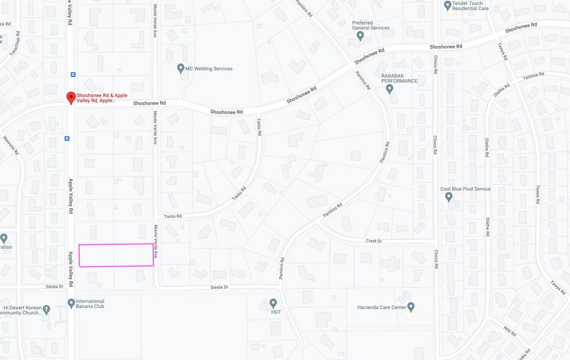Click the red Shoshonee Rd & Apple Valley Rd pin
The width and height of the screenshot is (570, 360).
click(x=71, y=97)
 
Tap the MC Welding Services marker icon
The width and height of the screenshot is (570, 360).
click(x=181, y=68)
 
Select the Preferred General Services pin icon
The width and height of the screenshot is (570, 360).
click(x=360, y=36)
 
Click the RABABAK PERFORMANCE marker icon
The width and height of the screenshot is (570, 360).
click(x=389, y=89)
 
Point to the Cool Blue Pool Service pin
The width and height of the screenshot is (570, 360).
click(x=449, y=197)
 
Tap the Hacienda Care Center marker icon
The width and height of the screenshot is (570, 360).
click(x=411, y=307)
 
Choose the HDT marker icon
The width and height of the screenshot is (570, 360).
click(x=273, y=303)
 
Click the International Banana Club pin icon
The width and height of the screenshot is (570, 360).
click(x=71, y=303)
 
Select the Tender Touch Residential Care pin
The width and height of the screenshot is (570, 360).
click(x=448, y=6)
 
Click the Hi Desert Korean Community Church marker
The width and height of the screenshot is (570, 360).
click(x=47, y=310)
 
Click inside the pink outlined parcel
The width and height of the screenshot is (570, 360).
click(x=116, y=255)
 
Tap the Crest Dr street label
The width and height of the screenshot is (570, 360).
click(x=373, y=241)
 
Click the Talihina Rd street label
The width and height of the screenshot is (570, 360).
click(x=533, y=75)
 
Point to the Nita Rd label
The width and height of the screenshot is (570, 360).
click(x=509, y=331)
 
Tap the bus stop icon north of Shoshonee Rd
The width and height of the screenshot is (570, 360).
click(x=73, y=75)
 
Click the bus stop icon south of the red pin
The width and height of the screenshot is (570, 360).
click(x=67, y=138)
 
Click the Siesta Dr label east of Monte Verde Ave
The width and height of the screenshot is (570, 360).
click(x=219, y=287)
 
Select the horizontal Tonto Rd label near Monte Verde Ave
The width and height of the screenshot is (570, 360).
click(x=173, y=216)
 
